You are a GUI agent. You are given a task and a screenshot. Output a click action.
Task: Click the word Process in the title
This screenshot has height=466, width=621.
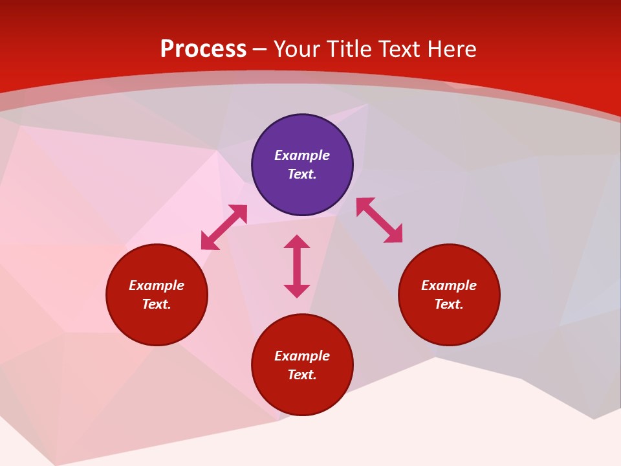click(203, 49)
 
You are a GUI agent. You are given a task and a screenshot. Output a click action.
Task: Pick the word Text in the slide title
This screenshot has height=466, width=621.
click(402, 49)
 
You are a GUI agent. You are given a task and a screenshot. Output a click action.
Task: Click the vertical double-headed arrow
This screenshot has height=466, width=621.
click(297, 266)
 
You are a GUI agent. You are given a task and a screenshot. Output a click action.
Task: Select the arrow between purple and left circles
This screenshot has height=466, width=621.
click(224, 227)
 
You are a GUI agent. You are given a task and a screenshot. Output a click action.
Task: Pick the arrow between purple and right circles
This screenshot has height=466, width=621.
click(379, 220)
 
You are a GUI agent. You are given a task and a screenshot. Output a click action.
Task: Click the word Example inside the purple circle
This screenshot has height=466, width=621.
click(302, 155)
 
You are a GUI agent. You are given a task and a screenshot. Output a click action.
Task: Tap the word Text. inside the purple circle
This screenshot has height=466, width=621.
click(302, 174)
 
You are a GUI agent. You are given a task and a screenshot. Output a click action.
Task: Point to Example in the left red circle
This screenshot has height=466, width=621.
click(157, 285)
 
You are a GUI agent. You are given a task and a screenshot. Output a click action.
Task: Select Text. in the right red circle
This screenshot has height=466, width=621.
click(449, 304)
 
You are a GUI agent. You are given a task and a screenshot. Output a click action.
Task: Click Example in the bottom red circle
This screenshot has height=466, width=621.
click(302, 356)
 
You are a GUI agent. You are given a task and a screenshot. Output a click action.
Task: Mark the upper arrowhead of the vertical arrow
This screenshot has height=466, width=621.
click(297, 241)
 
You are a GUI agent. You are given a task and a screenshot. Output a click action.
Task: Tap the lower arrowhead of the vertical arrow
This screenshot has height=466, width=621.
click(297, 291)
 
